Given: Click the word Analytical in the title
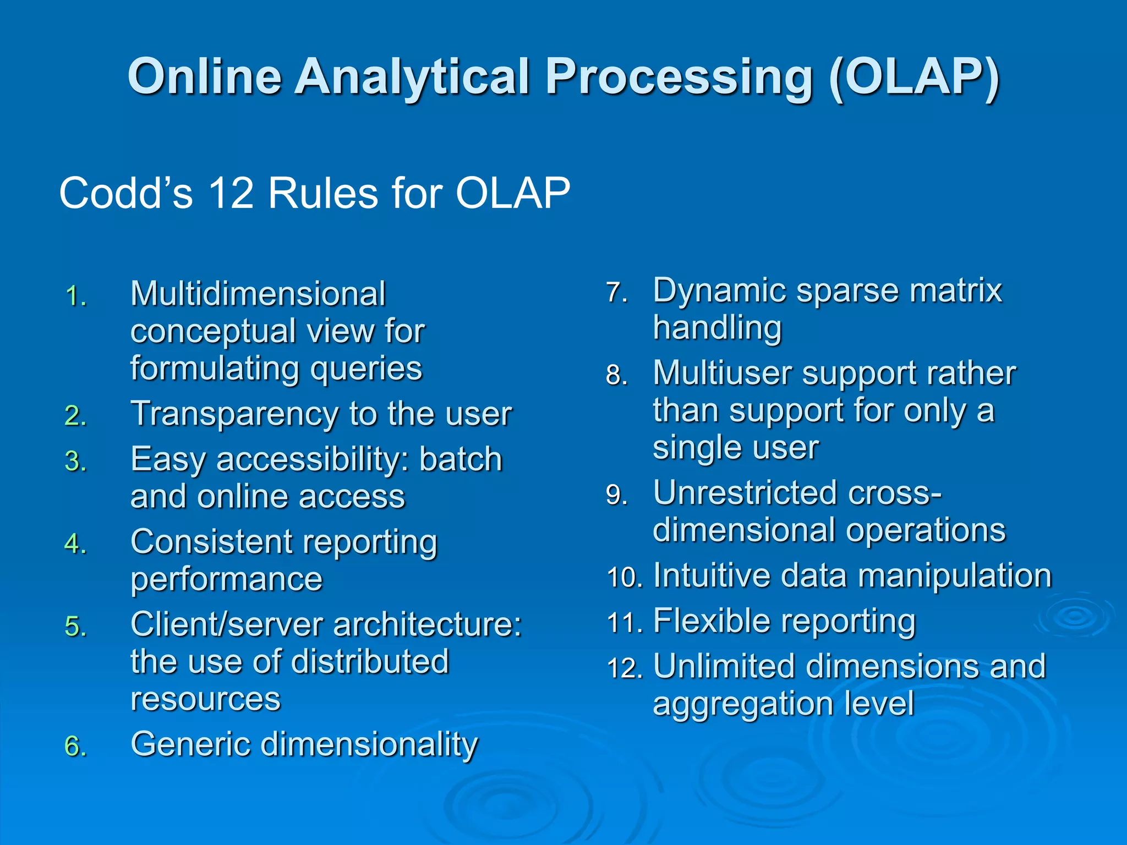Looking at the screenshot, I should click(x=412, y=77).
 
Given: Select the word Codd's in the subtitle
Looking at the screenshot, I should click(x=126, y=194).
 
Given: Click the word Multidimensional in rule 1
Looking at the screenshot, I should click(x=258, y=294).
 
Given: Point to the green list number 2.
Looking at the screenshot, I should click(x=75, y=416).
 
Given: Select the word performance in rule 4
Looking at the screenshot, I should click(x=226, y=579).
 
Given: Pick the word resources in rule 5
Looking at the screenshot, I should click(x=205, y=699).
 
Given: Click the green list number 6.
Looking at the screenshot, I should click(x=75, y=747).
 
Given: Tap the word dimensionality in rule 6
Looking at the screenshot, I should click(x=369, y=745).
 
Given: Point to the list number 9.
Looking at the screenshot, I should click(x=616, y=495).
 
